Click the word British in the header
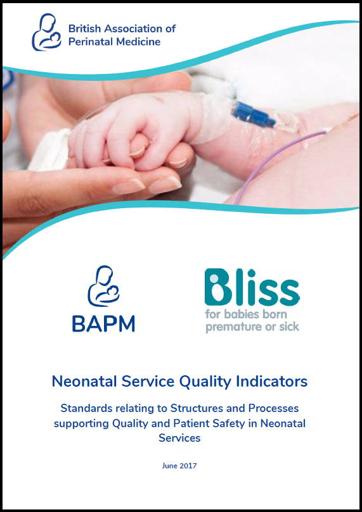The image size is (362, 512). [84, 28]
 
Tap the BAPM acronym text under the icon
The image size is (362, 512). [103, 322]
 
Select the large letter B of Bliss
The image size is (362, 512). [219, 290]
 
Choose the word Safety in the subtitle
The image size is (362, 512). [227, 423]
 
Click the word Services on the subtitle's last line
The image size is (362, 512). [181, 437]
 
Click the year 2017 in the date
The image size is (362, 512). [188, 466]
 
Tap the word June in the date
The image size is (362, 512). [169, 466]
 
